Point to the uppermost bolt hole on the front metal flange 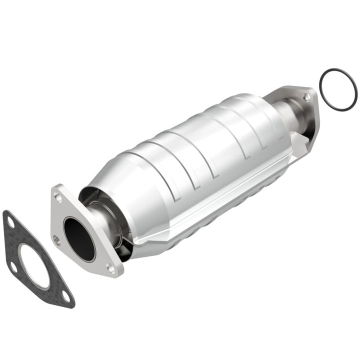[59, 197]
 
